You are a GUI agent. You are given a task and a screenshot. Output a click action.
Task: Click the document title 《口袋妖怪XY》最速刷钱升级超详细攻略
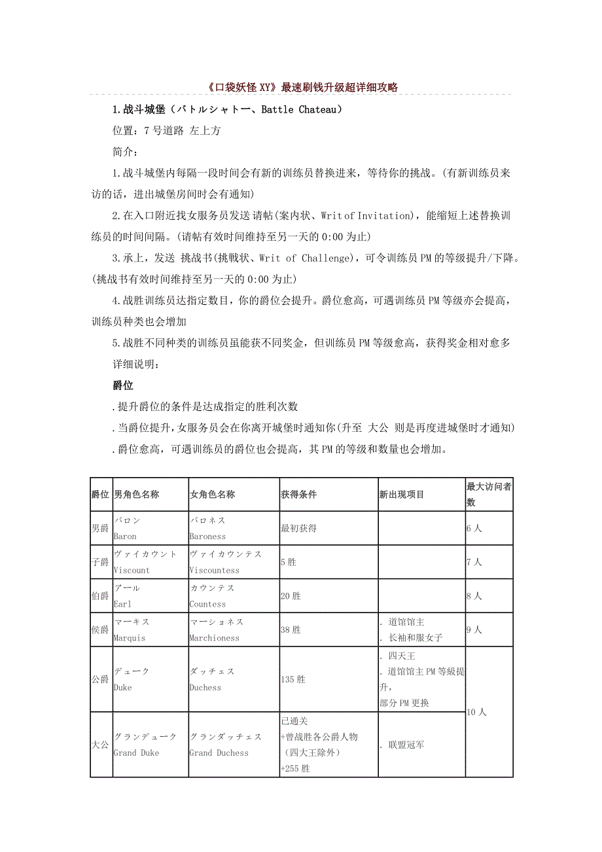click(301, 87)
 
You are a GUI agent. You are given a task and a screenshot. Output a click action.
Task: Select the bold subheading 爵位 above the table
click(123, 385)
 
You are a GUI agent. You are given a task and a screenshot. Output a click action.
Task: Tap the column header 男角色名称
click(137, 495)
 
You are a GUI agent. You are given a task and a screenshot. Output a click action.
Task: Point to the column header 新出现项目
click(402, 495)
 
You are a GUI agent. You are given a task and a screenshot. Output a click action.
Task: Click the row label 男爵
click(101, 528)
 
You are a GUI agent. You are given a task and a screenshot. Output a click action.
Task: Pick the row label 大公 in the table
click(101, 745)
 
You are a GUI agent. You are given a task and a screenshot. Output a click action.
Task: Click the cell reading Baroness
click(207, 537)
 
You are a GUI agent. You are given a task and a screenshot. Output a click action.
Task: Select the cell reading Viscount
click(132, 571)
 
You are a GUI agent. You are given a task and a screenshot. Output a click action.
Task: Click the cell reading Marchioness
click(214, 638)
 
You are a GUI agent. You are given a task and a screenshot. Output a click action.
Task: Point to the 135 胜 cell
click(292, 679)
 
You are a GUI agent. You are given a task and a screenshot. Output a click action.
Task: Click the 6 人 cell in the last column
click(474, 528)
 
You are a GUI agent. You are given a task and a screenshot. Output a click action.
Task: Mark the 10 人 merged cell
click(476, 712)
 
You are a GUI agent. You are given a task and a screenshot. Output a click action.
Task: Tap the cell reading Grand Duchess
click(219, 753)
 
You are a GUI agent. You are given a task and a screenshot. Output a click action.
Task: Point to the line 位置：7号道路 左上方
click(167, 131)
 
